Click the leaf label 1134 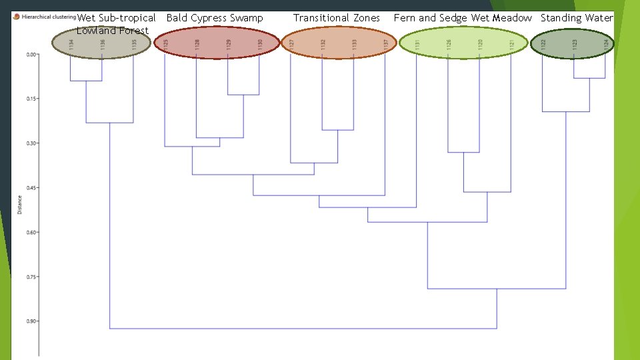click(x=71, y=45)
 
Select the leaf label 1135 click(x=134, y=45)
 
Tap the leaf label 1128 click(x=197, y=45)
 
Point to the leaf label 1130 click(x=259, y=45)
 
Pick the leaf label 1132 click(x=323, y=45)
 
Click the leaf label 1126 click(x=449, y=45)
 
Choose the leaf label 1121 click(x=511, y=45)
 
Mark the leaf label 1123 click(x=574, y=45)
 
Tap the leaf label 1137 click(x=385, y=45)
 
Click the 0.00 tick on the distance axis click(x=31, y=55)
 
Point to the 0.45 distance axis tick click(x=31, y=187)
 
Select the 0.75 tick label click(x=31, y=276)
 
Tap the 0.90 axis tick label click(x=31, y=321)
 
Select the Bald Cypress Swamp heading click(x=215, y=18)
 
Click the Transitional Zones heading click(x=337, y=18)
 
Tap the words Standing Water click(x=576, y=18)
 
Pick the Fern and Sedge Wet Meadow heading click(x=463, y=18)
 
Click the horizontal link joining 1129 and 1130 click(x=243, y=95)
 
